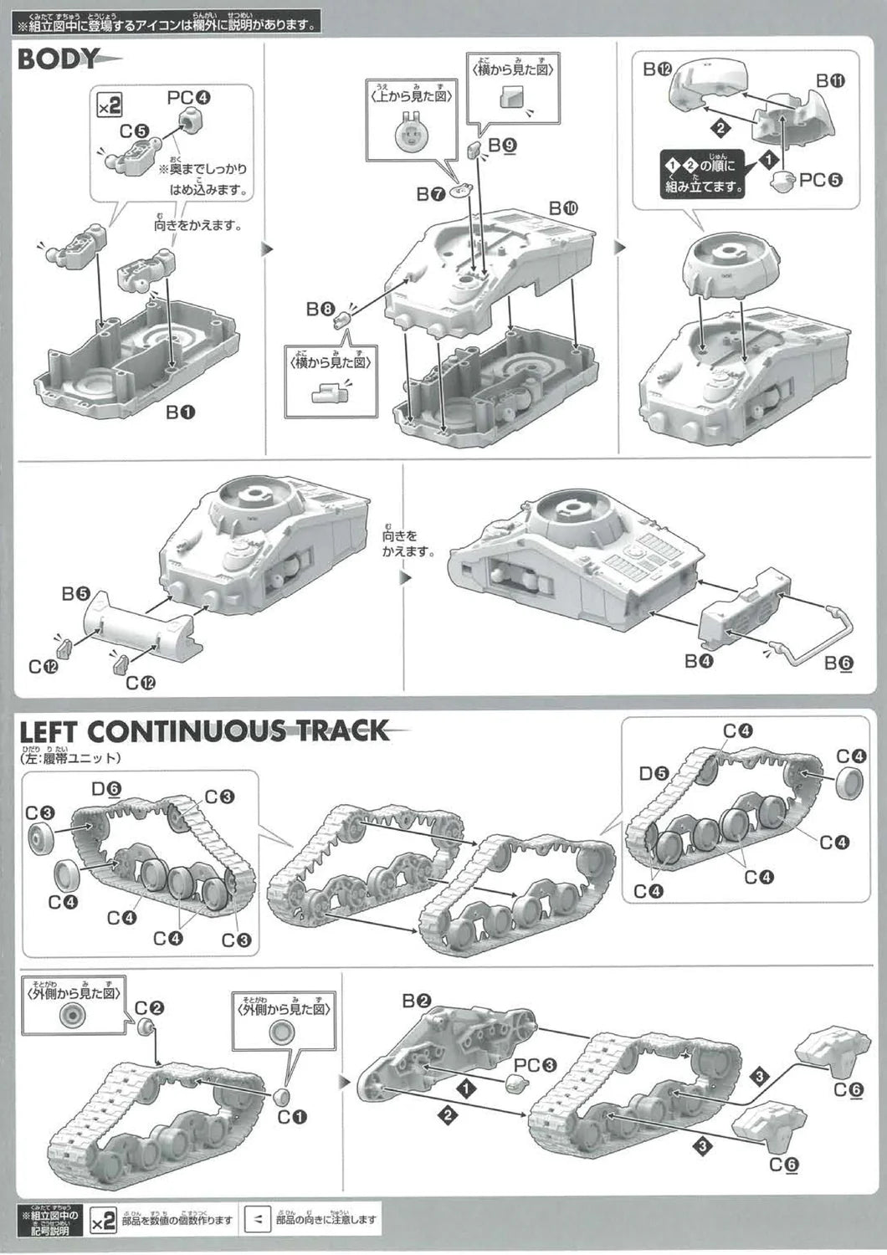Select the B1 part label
tap(180, 412)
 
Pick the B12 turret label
tap(658, 70)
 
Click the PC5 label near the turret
tap(820, 180)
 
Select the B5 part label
tap(74, 593)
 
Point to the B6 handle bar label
tap(839, 663)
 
